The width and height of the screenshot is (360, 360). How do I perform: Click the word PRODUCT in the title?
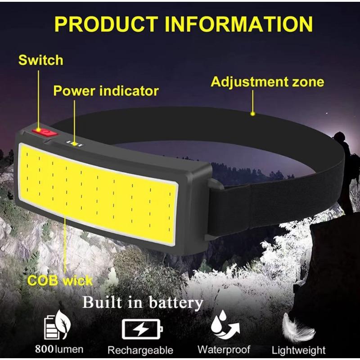click(x=106, y=24)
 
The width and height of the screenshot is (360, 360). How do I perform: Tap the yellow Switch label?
click(x=41, y=60)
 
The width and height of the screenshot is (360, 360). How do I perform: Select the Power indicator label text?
click(x=106, y=91)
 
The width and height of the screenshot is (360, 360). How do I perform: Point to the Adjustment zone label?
click(x=267, y=82)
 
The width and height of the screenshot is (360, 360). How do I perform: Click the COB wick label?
click(x=60, y=280)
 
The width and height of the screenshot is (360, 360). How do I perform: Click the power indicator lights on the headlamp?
click(x=74, y=144)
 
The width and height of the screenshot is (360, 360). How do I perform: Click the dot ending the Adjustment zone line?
click(x=253, y=113)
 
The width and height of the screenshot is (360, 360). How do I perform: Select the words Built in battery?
click(x=143, y=302)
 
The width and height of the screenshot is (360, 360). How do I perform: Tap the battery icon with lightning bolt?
click(x=142, y=329)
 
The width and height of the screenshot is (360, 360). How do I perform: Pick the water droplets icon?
click(x=224, y=324)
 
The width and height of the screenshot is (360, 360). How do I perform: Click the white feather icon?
click(x=297, y=327)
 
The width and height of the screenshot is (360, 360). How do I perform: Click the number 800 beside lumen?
click(x=44, y=349)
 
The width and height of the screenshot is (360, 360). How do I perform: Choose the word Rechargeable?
click(x=140, y=351)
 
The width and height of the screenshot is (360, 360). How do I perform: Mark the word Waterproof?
click(x=224, y=350)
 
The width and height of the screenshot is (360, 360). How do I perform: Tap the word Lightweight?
click(x=298, y=351)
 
